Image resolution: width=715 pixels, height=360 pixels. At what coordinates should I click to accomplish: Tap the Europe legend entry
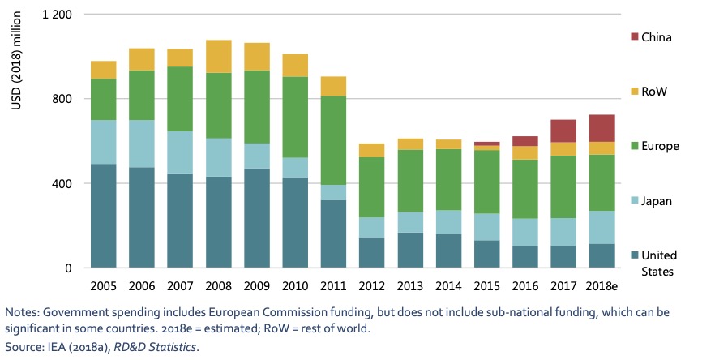(659, 146)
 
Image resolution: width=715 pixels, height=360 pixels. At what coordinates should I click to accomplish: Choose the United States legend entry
(659, 262)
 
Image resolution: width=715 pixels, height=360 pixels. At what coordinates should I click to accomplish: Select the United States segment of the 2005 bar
(102, 216)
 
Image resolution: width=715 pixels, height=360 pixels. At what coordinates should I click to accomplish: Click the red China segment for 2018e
(601, 128)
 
